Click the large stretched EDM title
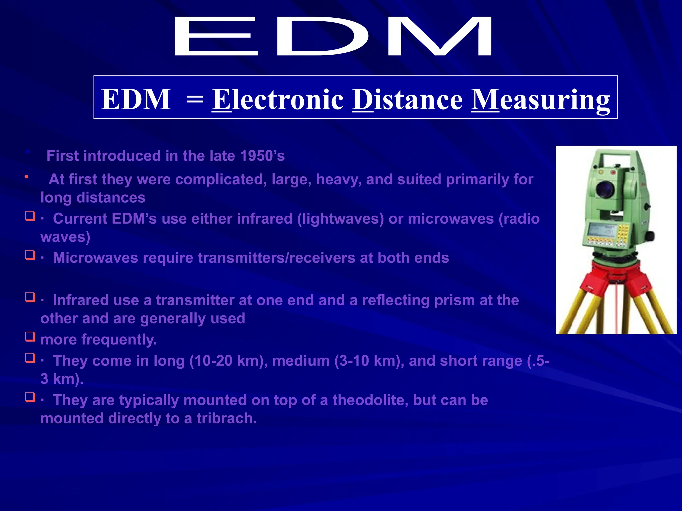[332, 36]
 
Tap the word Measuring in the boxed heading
[540, 100]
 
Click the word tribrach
[226, 418]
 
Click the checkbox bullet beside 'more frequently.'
[30, 337]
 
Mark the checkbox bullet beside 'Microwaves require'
[30, 255]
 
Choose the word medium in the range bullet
[301, 361]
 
